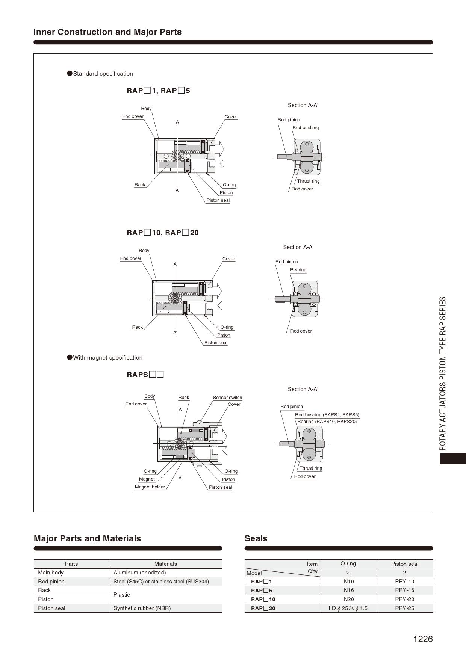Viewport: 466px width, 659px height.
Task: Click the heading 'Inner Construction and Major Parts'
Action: click(107, 32)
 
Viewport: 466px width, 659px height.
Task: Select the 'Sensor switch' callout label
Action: click(227, 398)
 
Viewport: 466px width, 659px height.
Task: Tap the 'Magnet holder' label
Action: click(150, 487)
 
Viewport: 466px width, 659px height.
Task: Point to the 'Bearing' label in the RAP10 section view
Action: click(298, 270)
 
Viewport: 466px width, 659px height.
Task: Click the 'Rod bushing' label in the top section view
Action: click(306, 128)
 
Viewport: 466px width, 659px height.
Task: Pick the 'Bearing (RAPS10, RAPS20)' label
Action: click(327, 422)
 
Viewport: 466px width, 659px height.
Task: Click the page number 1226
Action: click(423, 639)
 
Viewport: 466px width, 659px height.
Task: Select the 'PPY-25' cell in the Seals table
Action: click(404, 608)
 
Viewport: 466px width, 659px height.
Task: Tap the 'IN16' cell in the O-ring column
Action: click(348, 590)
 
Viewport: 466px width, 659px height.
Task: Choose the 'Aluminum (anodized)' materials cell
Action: click(139, 573)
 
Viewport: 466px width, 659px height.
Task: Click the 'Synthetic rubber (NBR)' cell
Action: click(142, 608)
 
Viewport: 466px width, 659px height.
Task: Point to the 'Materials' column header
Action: click(165, 564)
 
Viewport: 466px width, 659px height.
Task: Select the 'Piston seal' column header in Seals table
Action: click(405, 564)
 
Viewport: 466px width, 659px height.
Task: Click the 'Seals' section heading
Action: click(256, 538)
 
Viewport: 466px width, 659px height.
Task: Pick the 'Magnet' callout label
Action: click(147, 479)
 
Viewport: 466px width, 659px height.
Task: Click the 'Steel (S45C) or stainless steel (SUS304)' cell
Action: click(161, 582)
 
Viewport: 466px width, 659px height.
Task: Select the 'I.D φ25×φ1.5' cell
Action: click(348, 608)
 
